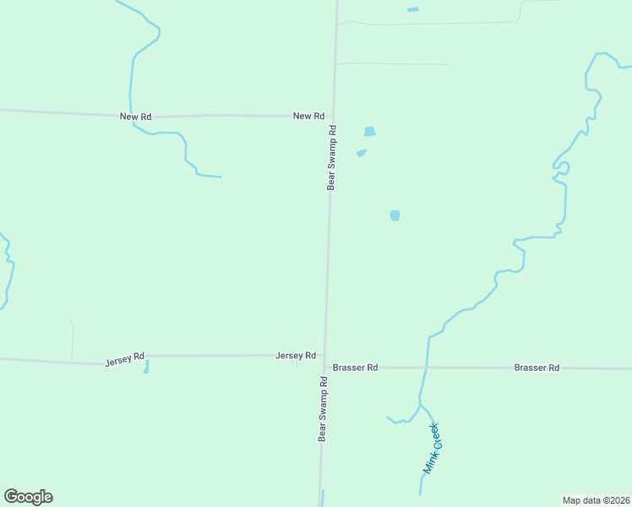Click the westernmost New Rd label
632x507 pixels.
coord(135,117)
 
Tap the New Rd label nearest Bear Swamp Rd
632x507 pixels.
coord(308,116)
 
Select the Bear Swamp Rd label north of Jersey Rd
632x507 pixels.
coord(332,158)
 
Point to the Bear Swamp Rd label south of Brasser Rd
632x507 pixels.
coord(322,409)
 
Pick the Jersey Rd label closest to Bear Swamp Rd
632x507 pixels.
coord(295,356)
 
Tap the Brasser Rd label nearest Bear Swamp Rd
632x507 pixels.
coord(355,368)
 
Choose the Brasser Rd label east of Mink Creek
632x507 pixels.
coord(537,368)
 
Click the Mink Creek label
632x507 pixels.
coord(432,448)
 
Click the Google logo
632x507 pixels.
coord(28,497)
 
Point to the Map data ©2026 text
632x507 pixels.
coord(596,500)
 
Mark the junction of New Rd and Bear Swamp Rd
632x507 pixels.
coord(333,116)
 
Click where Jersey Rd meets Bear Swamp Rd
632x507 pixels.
coord(324,356)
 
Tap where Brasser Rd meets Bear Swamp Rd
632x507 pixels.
coord(324,367)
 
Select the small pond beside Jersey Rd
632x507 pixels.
coord(146,367)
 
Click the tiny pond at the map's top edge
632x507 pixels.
coord(412,9)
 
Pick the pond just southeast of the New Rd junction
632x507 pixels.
coord(369,132)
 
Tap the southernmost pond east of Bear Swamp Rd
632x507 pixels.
coord(395,215)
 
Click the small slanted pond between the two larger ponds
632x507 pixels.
coord(362,153)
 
